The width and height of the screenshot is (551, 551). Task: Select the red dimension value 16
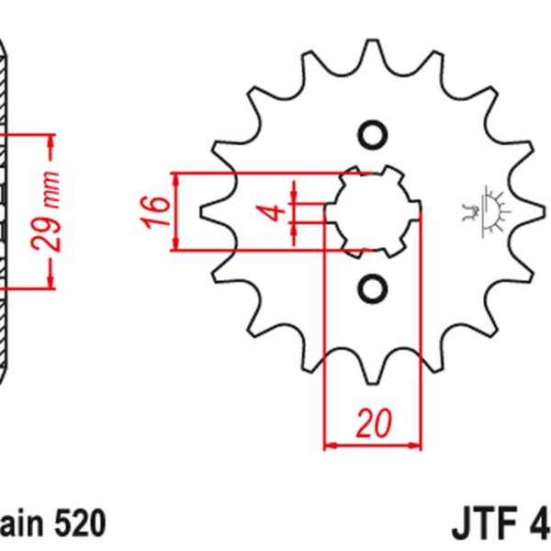158,210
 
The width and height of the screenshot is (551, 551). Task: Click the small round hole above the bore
373,134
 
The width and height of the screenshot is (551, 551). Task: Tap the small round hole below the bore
373,288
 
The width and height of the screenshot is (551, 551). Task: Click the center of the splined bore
373,211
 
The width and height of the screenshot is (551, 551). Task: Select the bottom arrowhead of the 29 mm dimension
51,279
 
